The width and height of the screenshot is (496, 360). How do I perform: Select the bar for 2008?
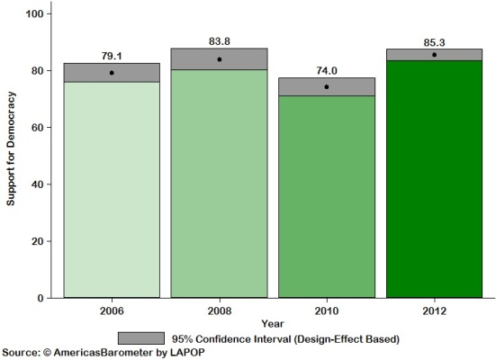tap(219, 184)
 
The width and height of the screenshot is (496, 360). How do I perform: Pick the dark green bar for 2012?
tap(435, 179)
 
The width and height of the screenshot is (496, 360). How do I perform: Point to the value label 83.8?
tap(220, 41)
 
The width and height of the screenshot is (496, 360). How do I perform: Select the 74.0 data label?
tap(328, 69)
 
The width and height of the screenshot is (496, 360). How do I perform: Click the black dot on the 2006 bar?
tap(112, 72)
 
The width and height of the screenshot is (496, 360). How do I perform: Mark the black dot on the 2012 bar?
tap(436, 55)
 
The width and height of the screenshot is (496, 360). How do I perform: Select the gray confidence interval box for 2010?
tap(327, 86)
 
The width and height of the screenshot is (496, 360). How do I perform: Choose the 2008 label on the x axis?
tap(219, 310)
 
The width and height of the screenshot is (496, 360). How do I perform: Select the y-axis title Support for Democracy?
tap(12, 156)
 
